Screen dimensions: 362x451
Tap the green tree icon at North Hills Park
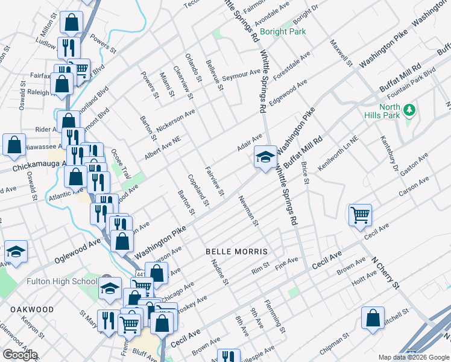[410, 110]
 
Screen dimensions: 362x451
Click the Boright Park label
[283, 31]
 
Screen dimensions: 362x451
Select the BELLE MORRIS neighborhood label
[236, 250]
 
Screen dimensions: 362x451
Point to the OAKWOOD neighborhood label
[33, 309]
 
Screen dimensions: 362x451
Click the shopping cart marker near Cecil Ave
[360, 214]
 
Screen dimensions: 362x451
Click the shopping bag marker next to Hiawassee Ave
[14, 145]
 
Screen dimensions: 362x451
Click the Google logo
[20, 355]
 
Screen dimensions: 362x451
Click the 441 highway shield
[139, 275]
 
